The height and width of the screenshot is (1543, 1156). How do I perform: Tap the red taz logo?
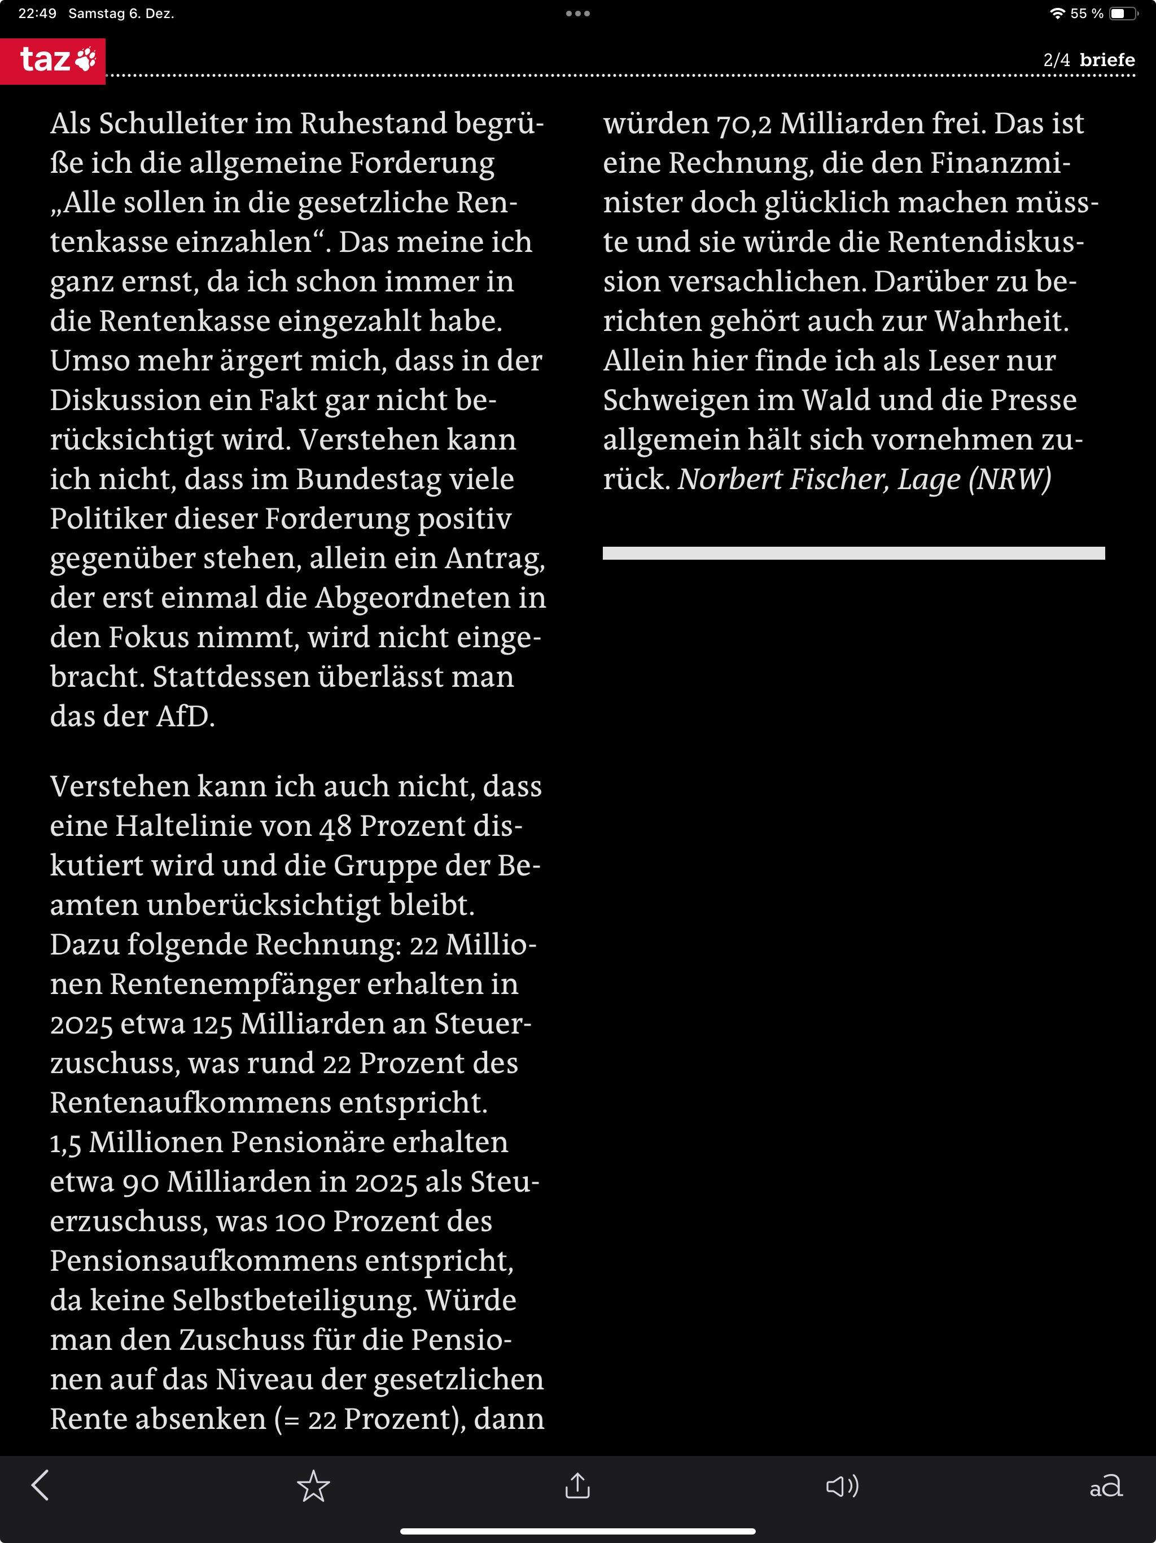pos(53,60)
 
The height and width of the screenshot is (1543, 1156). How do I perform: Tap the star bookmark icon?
pos(313,1486)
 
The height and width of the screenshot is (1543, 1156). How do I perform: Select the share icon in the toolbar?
pos(577,1486)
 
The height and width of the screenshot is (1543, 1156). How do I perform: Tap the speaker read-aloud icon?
pos(842,1486)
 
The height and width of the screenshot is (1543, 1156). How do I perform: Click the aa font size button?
pos(1106,1486)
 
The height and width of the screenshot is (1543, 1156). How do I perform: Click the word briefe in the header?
pos(1107,60)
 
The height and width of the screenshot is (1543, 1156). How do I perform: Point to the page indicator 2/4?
pos(1056,60)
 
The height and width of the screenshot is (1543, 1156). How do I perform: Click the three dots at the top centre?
pos(578,13)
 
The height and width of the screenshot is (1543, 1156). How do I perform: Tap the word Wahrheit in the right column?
pos(1001,321)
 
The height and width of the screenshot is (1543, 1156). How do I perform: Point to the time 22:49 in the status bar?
pos(37,13)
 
